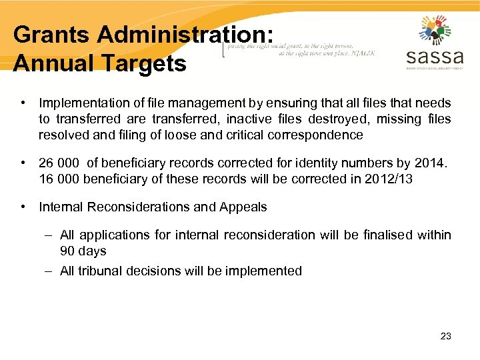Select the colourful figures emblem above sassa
435,30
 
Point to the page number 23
446,336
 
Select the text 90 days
83,251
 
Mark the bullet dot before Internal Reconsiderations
23,207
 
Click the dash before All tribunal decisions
49,271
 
